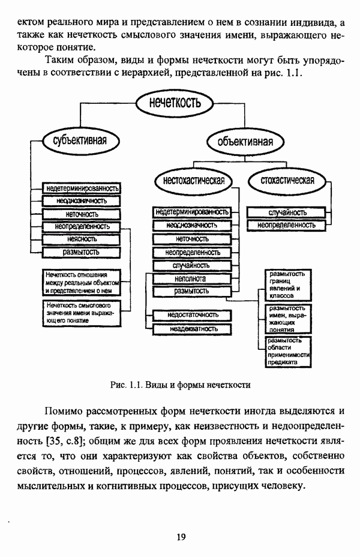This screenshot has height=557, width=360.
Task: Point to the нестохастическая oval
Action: click(x=193, y=181)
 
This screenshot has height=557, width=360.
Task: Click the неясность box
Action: click(x=82, y=239)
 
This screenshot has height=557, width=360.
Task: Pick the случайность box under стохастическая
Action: click(x=287, y=212)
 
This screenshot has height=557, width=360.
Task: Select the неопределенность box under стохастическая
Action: click(x=286, y=225)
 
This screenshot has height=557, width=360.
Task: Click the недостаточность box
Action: click(x=191, y=316)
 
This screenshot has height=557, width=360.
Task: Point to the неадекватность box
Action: click(x=191, y=329)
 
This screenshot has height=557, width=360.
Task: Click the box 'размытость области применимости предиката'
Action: click(x=287, y=352)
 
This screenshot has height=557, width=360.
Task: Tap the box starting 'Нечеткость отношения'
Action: click(x=82, y=282)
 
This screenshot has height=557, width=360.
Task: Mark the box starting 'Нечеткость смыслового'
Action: click(x=80, y=313)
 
